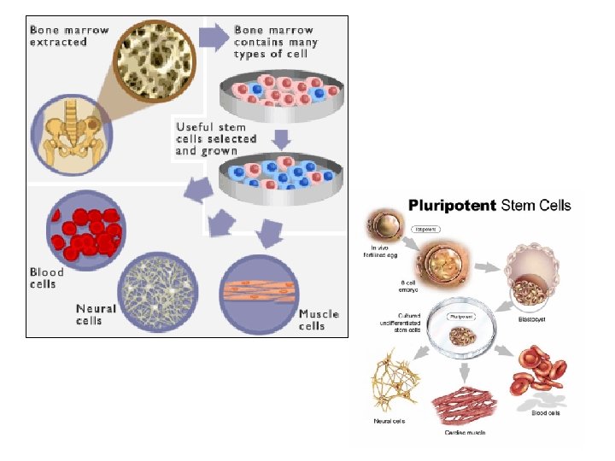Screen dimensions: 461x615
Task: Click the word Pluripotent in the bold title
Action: click(x=452, y=205)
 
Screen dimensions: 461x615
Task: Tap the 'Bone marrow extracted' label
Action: click(x=69, y=35)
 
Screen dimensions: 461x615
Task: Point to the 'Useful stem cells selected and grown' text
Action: click(x=216, y=138)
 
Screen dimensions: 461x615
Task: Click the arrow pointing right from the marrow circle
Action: click(x=213, y=35)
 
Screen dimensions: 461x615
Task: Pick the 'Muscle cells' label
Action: click(x=319, y=319)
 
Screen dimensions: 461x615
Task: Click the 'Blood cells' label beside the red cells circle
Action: click(x=47, y=277)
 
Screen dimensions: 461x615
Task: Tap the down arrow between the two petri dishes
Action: click(x=283, y=137)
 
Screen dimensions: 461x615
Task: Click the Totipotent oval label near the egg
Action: click(x=425, y=229)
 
